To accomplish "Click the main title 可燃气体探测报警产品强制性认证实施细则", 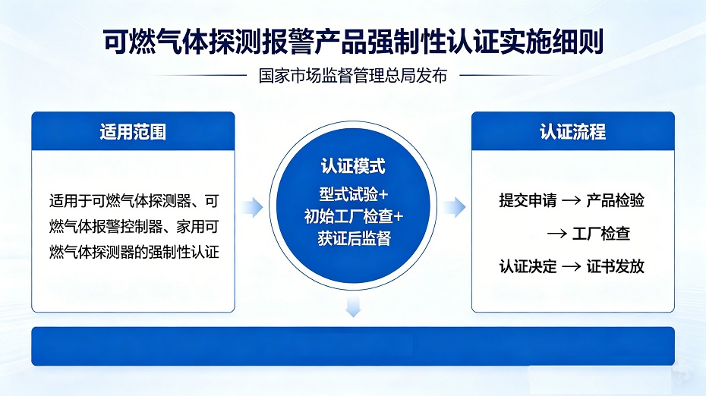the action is [353, 42].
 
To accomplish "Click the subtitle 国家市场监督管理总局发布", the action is [353, 76].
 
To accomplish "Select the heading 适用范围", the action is [133, 132].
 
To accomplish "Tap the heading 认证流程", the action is [572, 132].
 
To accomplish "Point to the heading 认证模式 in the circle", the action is [353, 166].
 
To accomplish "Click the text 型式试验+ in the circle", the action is [354, 194].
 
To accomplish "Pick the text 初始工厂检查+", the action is [354, 216].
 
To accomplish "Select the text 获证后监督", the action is [354, 238].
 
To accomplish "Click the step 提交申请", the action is [528, 200].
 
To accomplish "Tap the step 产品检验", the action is [615, 200].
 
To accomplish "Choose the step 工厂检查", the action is [601, 234].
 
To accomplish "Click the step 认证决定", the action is [528, 266].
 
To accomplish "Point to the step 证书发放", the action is [615, 266].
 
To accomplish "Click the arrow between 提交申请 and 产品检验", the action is [572, 201].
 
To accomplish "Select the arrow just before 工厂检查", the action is [557, 234].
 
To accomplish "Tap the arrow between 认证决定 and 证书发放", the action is [572, 267].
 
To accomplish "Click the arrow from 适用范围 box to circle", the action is [252, 207].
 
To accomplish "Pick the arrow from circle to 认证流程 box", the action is [454, 207].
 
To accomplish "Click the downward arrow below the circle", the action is [353, 306].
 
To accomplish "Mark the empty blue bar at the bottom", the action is [353, 346].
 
